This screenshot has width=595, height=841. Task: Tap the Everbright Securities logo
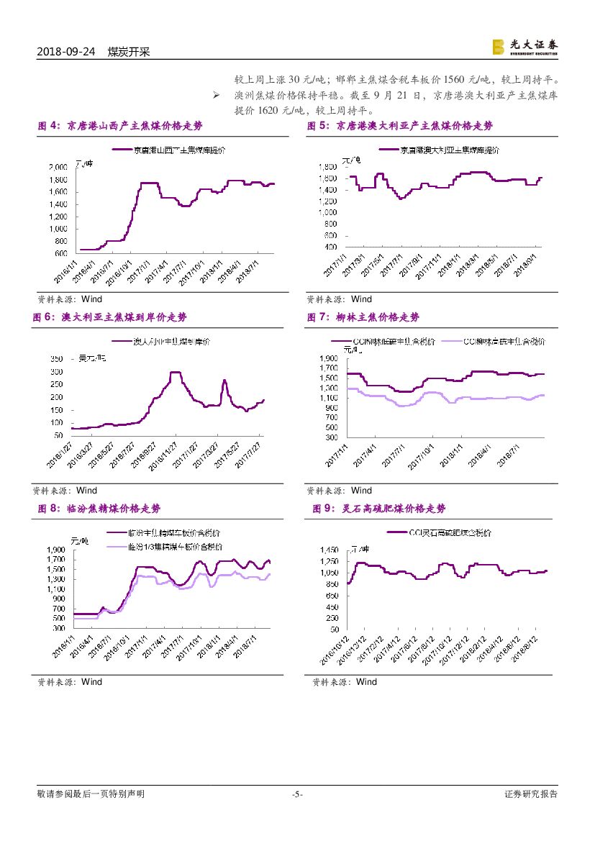[x=524, y=47]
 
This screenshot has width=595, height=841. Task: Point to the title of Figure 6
[x=114, y=317]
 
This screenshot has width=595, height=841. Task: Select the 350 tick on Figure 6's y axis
[x=55, y=358]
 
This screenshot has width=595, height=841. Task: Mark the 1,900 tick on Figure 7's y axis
[x=327, y=358]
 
